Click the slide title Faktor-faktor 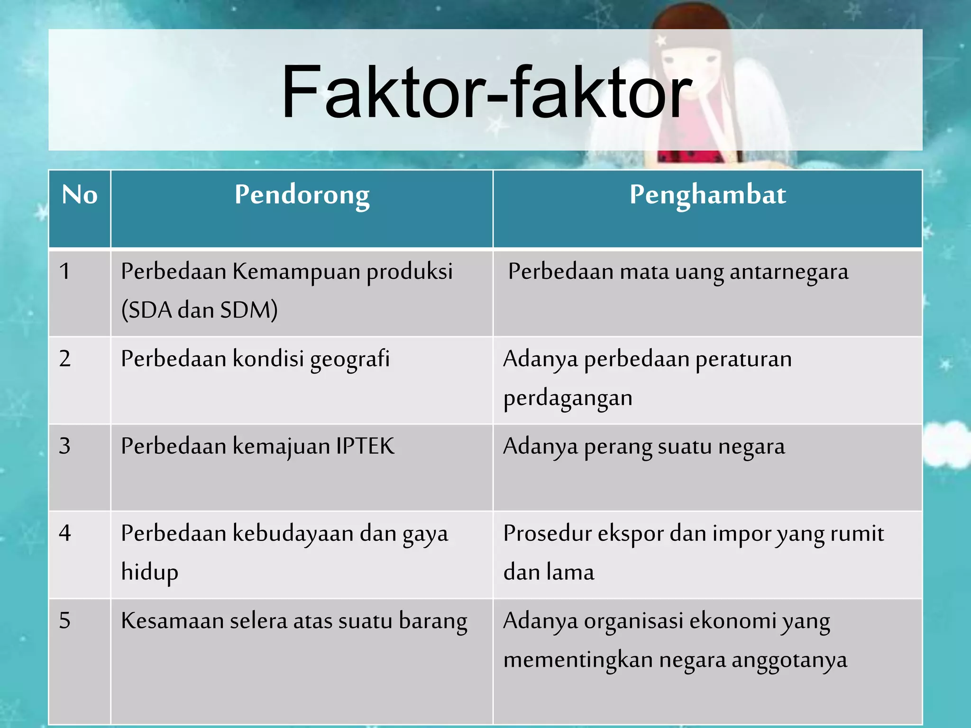coord(486,92)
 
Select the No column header coord(80,195)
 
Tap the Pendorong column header coord(302,195)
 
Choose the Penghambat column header coord(707,195)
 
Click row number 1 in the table coord(65,272)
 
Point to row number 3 coord(65,446)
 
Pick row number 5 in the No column coord(65,620)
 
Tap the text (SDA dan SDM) coord(199,310)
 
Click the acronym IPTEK coord(365,446)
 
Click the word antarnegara coord(789,272)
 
